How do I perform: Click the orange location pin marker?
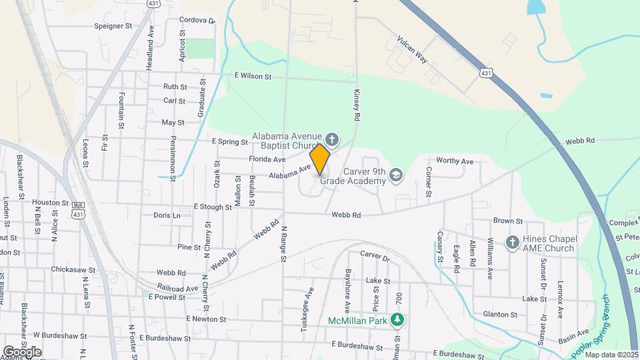pyautogui.click(x=320, y=159)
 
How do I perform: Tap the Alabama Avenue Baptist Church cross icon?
pyautogui.click(x=333, y=139)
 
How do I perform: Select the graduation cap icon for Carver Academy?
pyautogui.click(x=396, y=175)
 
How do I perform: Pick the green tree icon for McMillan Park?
pyautogui.click(x=397, y=320)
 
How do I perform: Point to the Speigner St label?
pyautogui.click(x=113, y=26)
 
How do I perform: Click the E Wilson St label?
pyautogui.click(x=252, y=77)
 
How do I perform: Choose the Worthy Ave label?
pyautogui.click(x=455, y=161)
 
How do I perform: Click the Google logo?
pyautogui.click(x=22, y=351)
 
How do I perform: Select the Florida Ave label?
pyautogui.click(x=267, y=159)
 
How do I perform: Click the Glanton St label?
pyautogui.click(x=501, y=314)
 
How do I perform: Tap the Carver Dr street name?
pyautogui.click(x=374, y=255)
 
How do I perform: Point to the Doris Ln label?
pyautogui.click(x=167, y=215)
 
